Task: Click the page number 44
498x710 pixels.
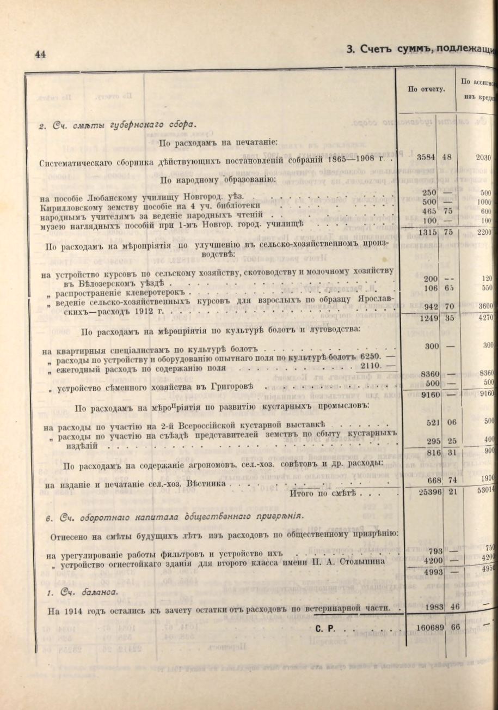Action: [40, 54]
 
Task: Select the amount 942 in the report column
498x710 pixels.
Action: [431, 307]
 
